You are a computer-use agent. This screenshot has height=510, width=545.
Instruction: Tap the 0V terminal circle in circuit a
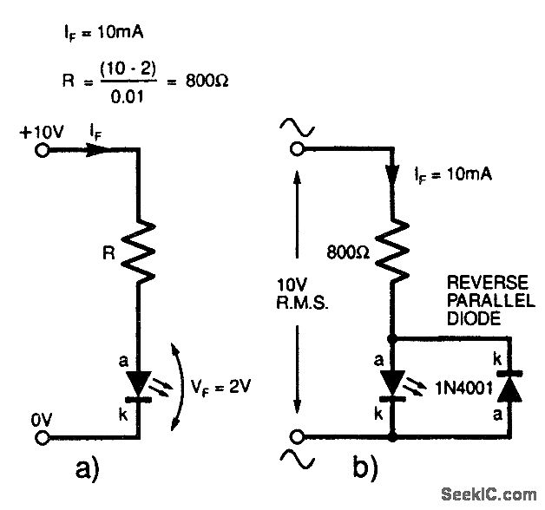[x=41, y=437]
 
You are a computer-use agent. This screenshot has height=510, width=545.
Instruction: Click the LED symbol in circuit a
[x=137, y=382]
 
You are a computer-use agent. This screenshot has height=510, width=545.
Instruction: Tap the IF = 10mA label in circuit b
[x=454, y=174]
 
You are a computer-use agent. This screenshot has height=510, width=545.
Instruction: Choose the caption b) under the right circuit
[x=365, y=469]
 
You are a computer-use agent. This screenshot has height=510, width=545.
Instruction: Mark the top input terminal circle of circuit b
[x=297, y=148]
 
